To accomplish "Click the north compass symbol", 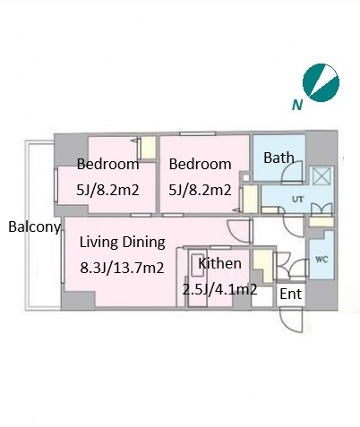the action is click(321, 82).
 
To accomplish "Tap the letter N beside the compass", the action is click(297, 105).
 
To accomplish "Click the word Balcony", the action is click(34, 227).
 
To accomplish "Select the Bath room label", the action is click(279, 158).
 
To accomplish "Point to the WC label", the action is click(321, 259).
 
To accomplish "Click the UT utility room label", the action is click(298, 199).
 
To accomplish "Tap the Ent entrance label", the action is click(291, 295).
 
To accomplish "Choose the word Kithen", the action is click(220, 263).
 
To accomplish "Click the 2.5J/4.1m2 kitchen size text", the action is click(219, 289).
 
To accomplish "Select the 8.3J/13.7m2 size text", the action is click(122, 268).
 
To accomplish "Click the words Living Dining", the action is click(122, 243).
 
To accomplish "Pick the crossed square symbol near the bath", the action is click(321, 176).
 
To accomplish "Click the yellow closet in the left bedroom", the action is click(149, 148).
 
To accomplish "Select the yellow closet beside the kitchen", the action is click(263, 266).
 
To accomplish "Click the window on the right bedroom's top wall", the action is click(197, 133).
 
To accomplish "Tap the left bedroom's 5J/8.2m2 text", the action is click(107, 190).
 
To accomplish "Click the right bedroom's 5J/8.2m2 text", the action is click(200, 190).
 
